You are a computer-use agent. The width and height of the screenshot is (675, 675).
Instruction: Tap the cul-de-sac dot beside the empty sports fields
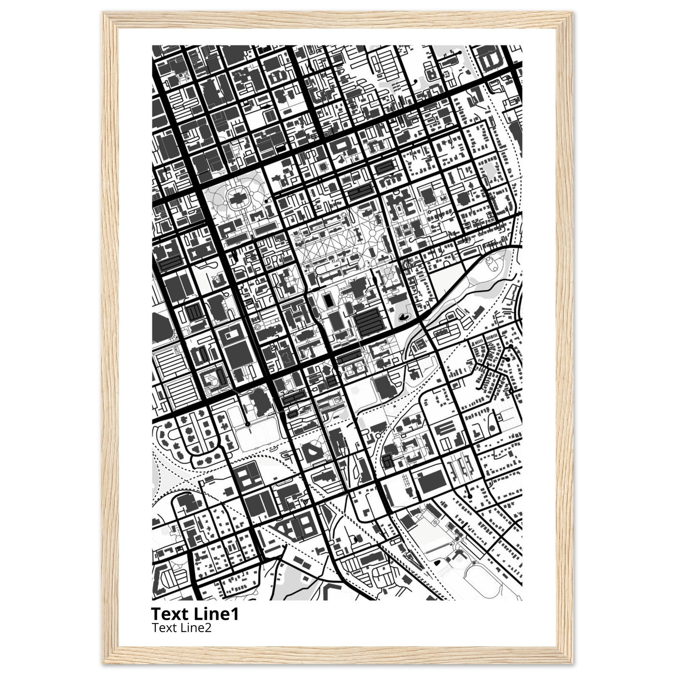click(248, 424)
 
